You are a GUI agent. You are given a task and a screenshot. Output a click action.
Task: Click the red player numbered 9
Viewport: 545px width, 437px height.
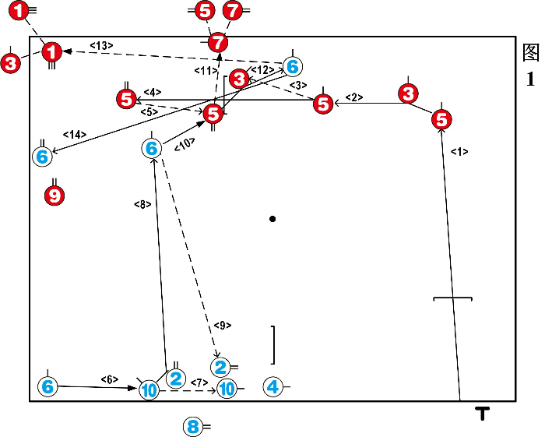click(54, 196)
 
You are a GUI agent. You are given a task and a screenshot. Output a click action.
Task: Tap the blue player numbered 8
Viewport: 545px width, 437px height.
click(193, 426)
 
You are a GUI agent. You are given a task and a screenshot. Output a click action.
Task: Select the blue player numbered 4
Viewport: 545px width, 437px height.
click(272, 386)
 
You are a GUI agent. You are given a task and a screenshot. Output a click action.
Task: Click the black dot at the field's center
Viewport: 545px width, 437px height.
click(272, 219)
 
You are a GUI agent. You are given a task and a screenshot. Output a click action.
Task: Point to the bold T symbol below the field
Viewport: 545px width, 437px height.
click(483, 414)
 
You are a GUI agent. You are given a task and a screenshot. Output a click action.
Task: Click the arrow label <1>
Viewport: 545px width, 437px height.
click(459, 153)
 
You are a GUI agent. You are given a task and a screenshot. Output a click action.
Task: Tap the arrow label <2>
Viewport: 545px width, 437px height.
click(354, 97)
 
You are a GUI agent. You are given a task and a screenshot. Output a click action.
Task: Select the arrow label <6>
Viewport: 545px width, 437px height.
click(109, 379)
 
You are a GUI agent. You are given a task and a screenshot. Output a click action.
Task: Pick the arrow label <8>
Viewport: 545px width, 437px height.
click(142, 205)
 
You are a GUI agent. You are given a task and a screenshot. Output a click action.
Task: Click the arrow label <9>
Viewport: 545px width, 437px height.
click(222, 325)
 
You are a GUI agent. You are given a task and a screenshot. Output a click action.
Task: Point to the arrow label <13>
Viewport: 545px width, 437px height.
click(101, 46)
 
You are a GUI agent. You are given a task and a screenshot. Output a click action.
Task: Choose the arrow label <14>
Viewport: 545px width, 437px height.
click(76, 135)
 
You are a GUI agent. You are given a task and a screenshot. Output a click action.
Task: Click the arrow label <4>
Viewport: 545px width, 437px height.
click(152, 92)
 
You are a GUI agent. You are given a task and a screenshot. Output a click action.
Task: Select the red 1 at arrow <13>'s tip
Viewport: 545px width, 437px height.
click(52, 52)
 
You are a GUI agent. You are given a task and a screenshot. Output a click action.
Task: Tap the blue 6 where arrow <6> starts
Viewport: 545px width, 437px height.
click(47, 386)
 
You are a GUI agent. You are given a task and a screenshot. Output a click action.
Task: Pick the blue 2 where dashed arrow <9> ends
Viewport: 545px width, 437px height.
click(220, 365)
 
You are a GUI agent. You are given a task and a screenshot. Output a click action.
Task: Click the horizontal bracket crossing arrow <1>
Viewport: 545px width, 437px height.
click(452, 298)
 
